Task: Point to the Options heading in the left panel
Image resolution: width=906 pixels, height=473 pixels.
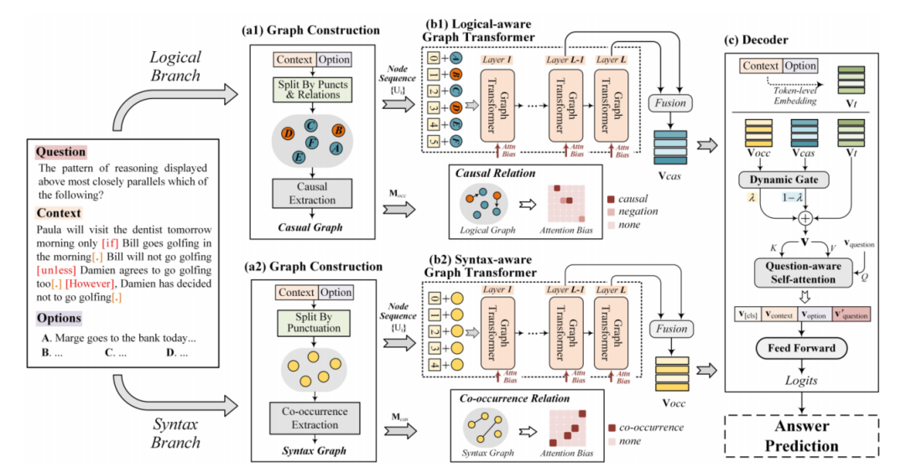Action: pos(59,319)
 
